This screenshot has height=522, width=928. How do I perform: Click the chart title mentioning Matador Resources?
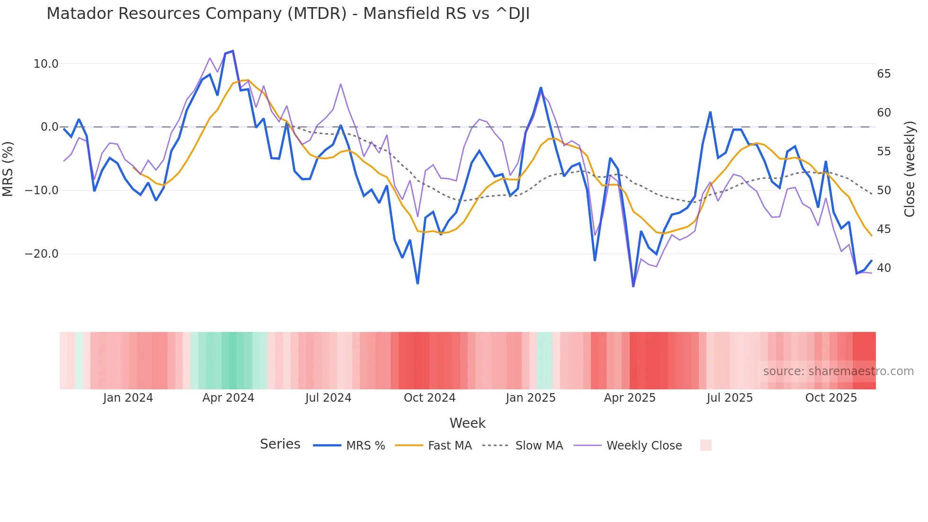(x=288, y=14)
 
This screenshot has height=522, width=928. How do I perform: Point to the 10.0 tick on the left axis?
(x=46, y=64)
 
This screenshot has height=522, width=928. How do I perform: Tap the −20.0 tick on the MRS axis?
(x=42, y=254)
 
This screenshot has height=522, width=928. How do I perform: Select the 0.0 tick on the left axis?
(x=49, y=127)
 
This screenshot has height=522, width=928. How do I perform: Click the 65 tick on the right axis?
(x=883, y=74)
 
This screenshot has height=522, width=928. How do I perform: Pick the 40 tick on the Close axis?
(x=883, y=268)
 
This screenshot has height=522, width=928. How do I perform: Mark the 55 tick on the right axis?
(x=883, y=152)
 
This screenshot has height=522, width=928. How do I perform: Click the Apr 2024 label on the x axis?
(x=228, y=398)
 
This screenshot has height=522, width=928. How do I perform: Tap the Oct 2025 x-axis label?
(x=831, y=398)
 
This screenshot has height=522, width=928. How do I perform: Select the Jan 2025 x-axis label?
(x=530, y=398)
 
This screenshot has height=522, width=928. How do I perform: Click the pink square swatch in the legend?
(x=705, y=445)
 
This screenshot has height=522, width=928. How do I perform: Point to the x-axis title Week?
(x=467, y=423)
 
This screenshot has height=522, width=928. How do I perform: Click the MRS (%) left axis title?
(x=8, y=169)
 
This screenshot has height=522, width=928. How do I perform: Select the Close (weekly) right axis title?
(x=909, y=169)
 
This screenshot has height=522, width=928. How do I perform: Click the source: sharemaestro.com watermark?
(x=838, y=371)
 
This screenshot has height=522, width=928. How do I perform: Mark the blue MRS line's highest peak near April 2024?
(x=232, y=51)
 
